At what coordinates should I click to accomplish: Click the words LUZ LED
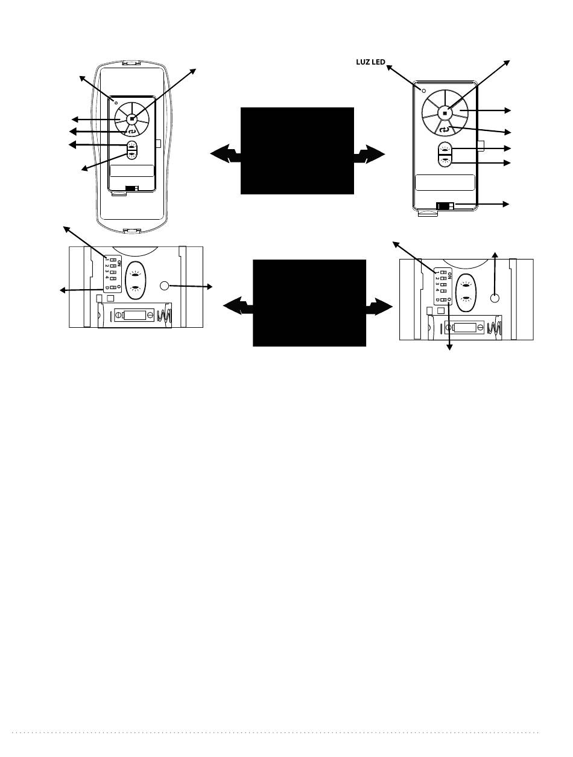pyautogui.click(x=370, y=62)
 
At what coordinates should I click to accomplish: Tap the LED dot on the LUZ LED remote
pyautogui.click(x=424, y=91)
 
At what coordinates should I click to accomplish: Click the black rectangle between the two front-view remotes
pyautogui.click(x=297, y=151)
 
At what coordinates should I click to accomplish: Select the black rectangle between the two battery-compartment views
pyautogui.click(x=309, y=303)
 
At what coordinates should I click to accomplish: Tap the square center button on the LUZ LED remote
pyautogui.click(x=445, y=113)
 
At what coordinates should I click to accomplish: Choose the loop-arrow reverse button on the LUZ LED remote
pyautogui.click(x=445, y=130)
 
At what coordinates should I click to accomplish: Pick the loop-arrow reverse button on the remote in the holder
pyautogui.click(x=131, y=131)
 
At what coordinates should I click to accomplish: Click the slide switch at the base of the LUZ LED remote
pyautogui.click(x=445, y=206)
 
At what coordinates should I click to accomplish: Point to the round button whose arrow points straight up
pyautogui.click(x=495, y=298)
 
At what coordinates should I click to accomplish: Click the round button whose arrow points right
pyautogui.click(x=164, y=286)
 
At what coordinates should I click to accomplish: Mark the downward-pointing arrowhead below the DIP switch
pyautogui.click(x=449, y=347)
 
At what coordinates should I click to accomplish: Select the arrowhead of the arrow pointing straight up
pyautogui.click(x=495, y=255)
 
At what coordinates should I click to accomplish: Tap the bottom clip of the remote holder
pyautogui.click(x=132, y=231)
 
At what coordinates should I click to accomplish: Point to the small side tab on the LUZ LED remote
pyautogui.click(x=481, y=146)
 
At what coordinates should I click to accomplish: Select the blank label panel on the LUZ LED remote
pyautogui.click(x=445, y=182)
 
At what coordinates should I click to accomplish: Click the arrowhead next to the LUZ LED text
pyautogui.click(x=390, y=68)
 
